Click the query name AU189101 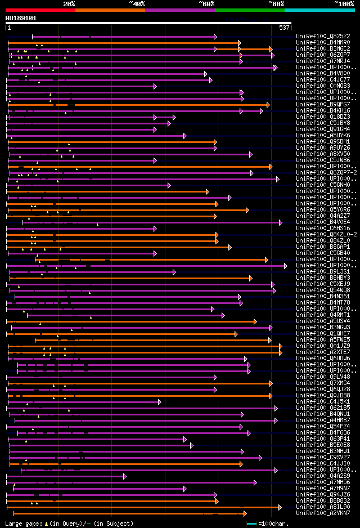point(21,18)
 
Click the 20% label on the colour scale point(69,4)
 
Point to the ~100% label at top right point(344,4)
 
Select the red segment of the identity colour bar point(40,10)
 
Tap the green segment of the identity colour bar point(249,10)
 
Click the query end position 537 point(284,28)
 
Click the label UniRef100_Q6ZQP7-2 point(326,172)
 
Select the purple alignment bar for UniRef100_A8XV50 point(129,154)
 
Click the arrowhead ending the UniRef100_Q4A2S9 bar point(124,476)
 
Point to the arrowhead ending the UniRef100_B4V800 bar point(206,74)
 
